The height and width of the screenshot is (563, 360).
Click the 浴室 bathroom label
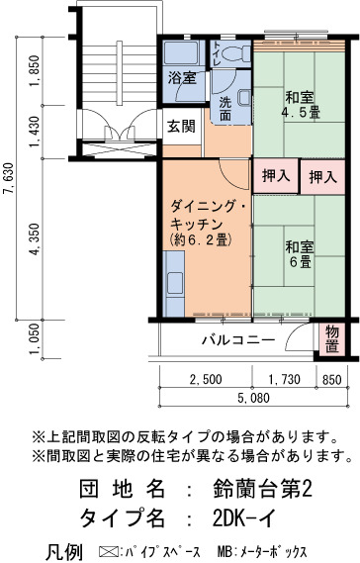point(182,77)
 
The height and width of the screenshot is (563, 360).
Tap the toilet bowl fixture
point(235,53)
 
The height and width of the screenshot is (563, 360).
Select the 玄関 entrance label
point(182,126)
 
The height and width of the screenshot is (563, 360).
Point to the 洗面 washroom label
point(225,109)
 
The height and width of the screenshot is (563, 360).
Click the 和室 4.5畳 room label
point(300,105)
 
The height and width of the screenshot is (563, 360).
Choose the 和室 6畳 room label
point(300,254)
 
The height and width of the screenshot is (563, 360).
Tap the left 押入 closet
point(276,176)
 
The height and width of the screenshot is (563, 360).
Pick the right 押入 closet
point(323,177)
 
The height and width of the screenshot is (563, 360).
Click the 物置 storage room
point(332,339)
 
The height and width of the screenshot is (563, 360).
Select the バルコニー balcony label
point(238,339)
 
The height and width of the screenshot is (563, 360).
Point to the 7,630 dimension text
point(8,179)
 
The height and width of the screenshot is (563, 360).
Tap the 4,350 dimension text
point(35,239)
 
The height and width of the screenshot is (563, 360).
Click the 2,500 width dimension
point(206,379)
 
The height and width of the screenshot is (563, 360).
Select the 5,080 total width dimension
point(253,398)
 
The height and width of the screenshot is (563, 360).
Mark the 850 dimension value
point(331,380)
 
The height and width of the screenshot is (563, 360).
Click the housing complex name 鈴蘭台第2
point(262,489)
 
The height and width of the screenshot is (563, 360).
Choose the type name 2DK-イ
point(245,517)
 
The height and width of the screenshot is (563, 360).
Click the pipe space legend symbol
point(107,551)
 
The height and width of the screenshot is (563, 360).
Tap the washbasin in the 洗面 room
point(245,98)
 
